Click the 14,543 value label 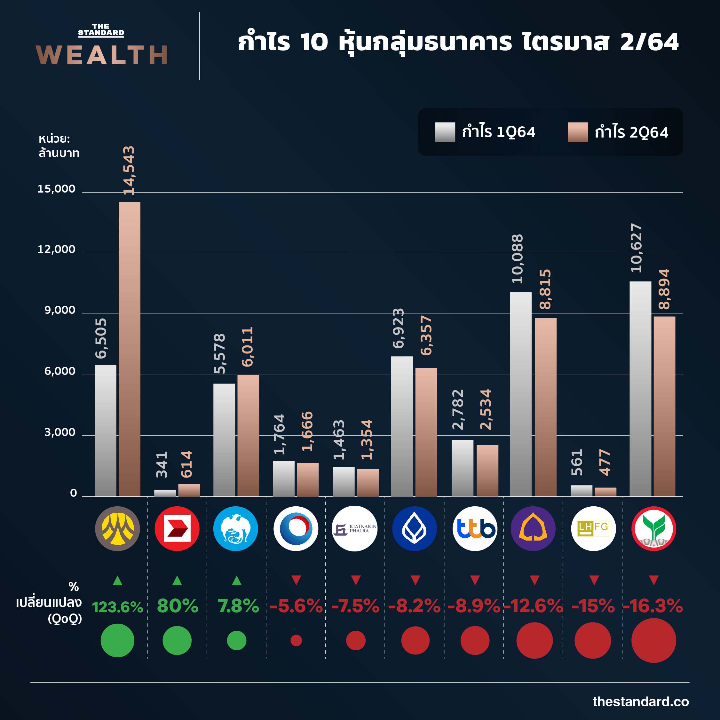click(129, 170)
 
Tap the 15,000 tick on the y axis click(56, 189)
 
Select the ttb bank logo click(474, 528)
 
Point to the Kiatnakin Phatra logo click(355, 528)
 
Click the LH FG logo click(593, 528)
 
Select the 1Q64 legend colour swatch click(445, 132)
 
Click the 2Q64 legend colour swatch click(578, 132)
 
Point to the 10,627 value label click(637, 248)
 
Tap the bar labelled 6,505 click(106, 431)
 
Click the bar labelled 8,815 click(546, 407)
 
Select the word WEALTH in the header click(102, 55)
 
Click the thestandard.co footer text click(641, 702)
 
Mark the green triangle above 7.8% click(237, 581)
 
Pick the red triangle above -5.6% click(296, 580)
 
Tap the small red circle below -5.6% click(296, 641)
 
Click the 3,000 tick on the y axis click(59, 432)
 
